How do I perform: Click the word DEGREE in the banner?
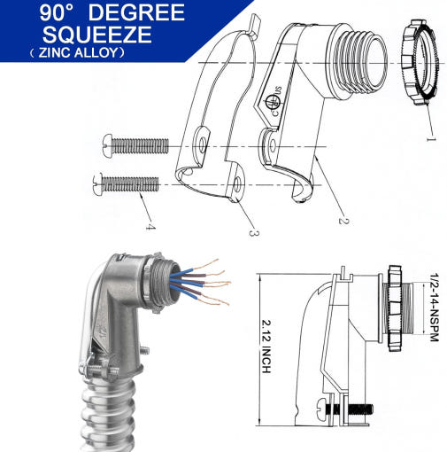point(136,12)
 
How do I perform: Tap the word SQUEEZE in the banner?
point(97,35)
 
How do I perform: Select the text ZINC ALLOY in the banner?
point(78,53)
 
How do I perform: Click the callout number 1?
point(431,138)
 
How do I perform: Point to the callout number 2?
point(343,221)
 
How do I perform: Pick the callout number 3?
point(254,233)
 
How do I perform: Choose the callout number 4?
point(150,227)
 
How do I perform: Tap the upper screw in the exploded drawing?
point(135,145)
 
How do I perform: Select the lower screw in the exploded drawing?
point(127,184)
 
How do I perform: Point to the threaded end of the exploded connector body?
point(358,62)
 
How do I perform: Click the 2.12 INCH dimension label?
point(266,347)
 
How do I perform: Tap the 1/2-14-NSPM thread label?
point(435,308)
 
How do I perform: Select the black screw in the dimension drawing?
point(343,409)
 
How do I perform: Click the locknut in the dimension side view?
point(395,308)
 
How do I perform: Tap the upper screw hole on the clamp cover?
point(202,144)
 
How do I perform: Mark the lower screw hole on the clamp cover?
point(236,186)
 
